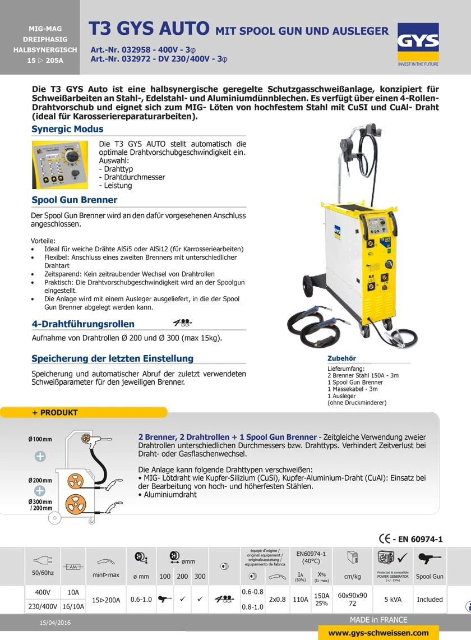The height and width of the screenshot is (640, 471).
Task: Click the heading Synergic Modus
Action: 67,129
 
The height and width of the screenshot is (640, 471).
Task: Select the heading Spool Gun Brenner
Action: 74,200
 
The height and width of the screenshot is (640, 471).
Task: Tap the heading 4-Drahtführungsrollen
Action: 83,324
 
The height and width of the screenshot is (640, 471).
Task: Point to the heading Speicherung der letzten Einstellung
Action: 112,358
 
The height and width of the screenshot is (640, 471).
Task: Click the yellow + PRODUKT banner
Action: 84,412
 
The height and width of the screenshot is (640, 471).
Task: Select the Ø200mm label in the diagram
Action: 40,481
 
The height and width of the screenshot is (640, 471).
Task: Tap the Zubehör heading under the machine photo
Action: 341,358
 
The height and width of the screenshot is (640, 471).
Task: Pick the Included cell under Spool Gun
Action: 430,599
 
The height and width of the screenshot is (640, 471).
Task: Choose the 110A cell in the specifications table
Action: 301,599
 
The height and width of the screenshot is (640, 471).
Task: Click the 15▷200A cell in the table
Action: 106,600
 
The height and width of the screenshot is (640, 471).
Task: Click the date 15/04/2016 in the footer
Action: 55,623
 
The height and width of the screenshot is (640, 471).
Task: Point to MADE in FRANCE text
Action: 378,620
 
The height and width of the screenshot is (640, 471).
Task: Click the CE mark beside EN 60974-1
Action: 385,538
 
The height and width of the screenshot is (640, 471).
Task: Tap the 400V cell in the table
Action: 43,592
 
